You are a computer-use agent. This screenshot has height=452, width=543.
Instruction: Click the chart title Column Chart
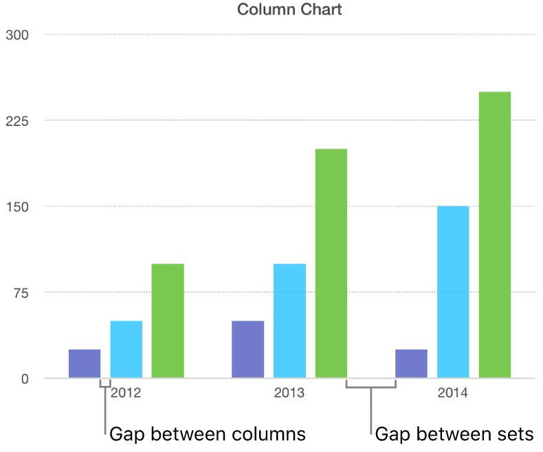click(289, 10)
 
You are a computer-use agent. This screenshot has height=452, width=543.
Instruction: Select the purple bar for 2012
click(85, 364)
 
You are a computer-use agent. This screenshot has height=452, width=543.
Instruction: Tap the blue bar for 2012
click(126, 349)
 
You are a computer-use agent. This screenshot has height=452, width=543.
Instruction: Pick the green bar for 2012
click(168, 321)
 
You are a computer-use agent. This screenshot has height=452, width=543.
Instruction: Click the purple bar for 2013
click(247, 349)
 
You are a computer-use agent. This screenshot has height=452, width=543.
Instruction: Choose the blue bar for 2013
click(289, 321)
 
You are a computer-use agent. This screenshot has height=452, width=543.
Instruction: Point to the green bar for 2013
click(331, 263)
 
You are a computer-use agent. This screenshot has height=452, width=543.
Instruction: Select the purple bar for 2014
click(411, 364)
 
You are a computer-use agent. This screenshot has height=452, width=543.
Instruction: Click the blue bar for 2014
click(453, 292)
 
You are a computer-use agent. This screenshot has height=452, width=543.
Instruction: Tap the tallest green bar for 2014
click(495, 235)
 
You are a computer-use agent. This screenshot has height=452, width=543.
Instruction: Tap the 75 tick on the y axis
click(19, 292)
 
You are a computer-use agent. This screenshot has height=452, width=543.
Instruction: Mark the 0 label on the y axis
click(25, 379)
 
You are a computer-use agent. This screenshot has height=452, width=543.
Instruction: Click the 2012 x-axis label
click(126, 394)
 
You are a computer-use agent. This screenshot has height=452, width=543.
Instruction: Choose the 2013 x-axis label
click(289, 394)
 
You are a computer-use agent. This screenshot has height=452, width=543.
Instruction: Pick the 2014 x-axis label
click(453, 394)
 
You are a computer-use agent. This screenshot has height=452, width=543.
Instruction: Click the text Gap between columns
click(208, 434)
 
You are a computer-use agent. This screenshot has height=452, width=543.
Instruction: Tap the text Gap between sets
click(454, 434)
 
